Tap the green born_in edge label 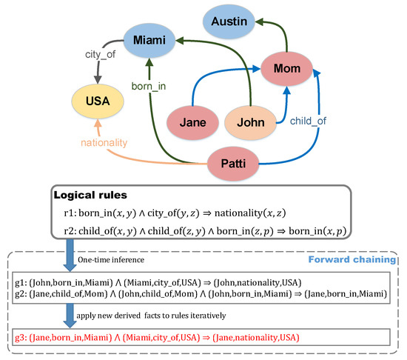tap(150, 85)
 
